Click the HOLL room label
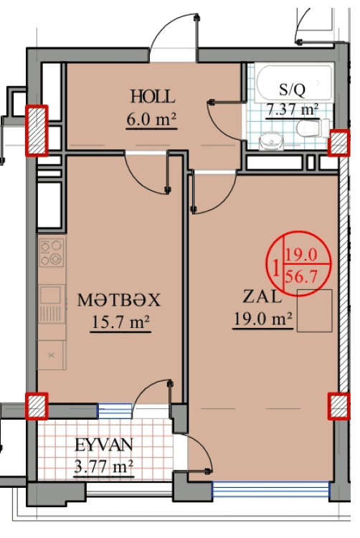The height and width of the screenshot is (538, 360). click(x=153, y=96)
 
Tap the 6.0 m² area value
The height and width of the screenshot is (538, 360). click(x=151, y=119)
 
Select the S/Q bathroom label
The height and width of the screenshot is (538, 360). click(x=292, y=90)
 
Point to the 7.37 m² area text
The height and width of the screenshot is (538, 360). click(x=293, y=110)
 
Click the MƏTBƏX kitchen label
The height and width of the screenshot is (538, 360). click(x=118, y=300)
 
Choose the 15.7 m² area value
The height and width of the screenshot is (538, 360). click(x=120, y=323)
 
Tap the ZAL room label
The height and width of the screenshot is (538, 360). click(x=262, y=296)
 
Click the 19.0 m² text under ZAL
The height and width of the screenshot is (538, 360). click(x=263, y=319)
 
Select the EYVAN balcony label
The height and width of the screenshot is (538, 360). click(x=103, y=445)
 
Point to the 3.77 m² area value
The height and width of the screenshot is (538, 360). click(x=103, y=467)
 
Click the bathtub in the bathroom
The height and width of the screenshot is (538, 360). click(x=294, y=82)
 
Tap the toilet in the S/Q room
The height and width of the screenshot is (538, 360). click(x=313, y=128)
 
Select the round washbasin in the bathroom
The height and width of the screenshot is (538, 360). click(x=271, y=141)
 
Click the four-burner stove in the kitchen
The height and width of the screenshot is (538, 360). click(x=52, y=253)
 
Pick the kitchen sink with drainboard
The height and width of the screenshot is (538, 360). click(x=52, y=303)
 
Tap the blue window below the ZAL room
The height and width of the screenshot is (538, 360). click(x=271, y=489)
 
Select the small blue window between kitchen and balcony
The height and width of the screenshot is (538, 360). click(x=115, y=411)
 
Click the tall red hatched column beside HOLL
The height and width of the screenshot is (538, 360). click(x=37, y=131)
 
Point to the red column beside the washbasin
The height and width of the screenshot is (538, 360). click(x=338, y=143)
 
